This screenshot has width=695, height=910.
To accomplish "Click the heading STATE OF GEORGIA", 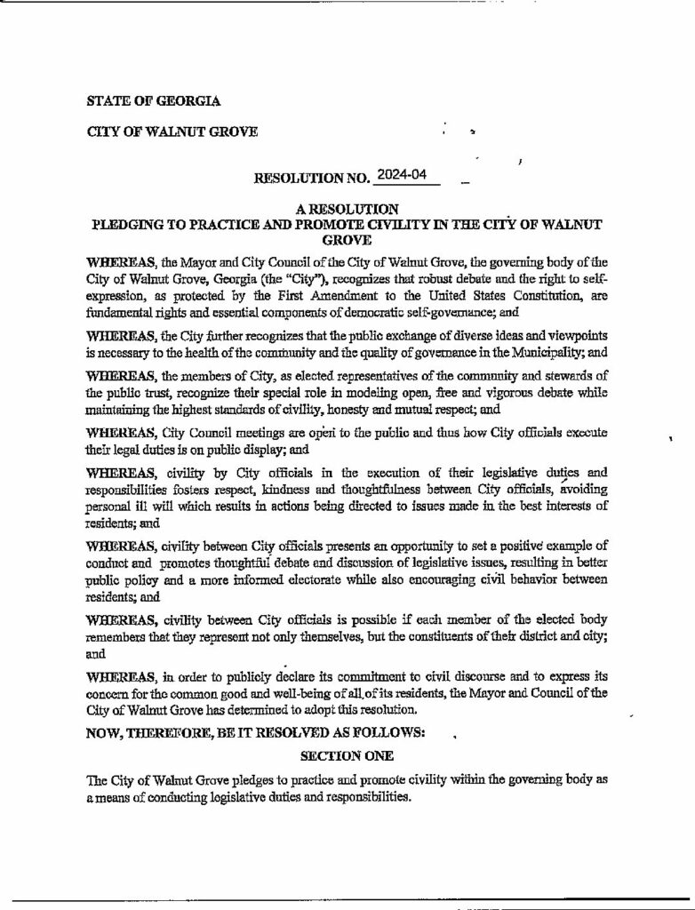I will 154,101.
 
